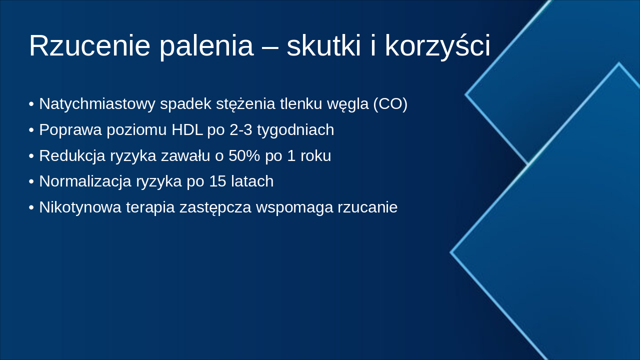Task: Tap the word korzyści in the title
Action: point(437,46)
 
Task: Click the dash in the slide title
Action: point(270,47)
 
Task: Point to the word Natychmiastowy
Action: point(97,104)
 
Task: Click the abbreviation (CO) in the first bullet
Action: point(390,104)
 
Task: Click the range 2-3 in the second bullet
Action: point(241,130)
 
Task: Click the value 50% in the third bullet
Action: point(244,156)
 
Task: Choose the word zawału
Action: point(185,156)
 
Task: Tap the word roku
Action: point(315,156)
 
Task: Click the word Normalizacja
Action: point(85,181)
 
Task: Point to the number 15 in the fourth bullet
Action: point(217,181)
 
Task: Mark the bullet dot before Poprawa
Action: point(31,130)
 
